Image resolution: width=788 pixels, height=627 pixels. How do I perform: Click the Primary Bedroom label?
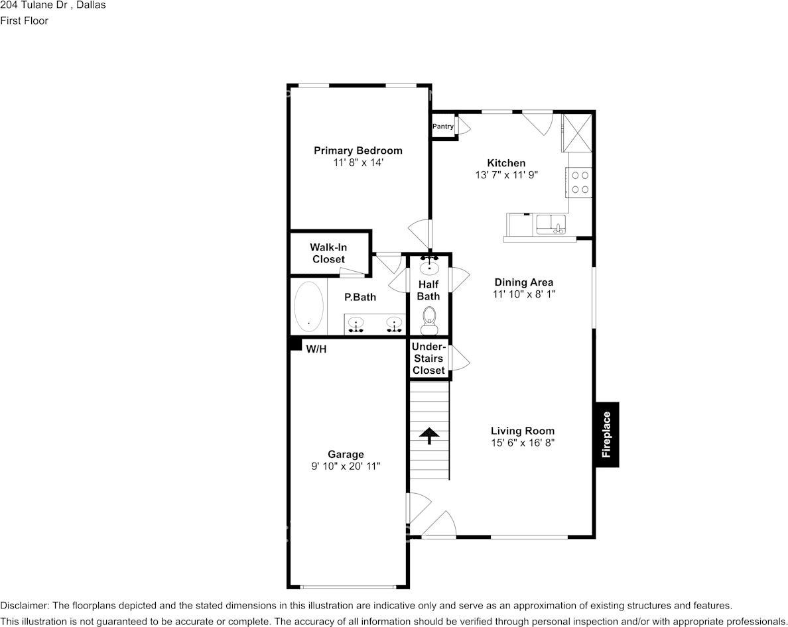click(x=358, y=150)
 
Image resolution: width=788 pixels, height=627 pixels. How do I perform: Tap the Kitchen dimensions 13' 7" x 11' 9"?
click(x=507, y=175)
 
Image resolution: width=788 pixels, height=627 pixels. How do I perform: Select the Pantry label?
click(x=442, y=127)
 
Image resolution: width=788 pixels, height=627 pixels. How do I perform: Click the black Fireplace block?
click(x=607, y=435)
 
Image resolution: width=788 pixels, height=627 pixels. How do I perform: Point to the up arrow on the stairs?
click(x=428, y=435)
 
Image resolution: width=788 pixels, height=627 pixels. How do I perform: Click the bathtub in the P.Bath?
click(x=308, y=306)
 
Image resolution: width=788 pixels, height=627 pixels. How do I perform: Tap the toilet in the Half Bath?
click(x=429, y=321)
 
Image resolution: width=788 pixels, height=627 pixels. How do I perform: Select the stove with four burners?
click(x=580, y=182)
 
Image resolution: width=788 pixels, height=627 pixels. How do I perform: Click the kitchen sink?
click(x=551, y=225)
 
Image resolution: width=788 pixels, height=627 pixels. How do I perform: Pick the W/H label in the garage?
click(x=316, y=349)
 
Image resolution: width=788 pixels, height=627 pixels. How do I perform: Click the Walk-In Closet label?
click(x=329, y=253)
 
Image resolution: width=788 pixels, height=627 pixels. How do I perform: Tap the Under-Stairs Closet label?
click(x=428, y=359)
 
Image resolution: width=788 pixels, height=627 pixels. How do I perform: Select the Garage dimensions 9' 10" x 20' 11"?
click(x=346, y=467)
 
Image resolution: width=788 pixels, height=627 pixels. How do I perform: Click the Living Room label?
click(x=523, y=431)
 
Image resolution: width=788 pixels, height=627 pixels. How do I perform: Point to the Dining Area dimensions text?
click(x=524, y=294)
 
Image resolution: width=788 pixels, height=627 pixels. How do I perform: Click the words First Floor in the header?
click(x=24, y=21)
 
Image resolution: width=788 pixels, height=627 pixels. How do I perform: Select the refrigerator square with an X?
click(x=577, y=133)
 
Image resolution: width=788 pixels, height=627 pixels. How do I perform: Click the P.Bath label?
click(x=360, y=297)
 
